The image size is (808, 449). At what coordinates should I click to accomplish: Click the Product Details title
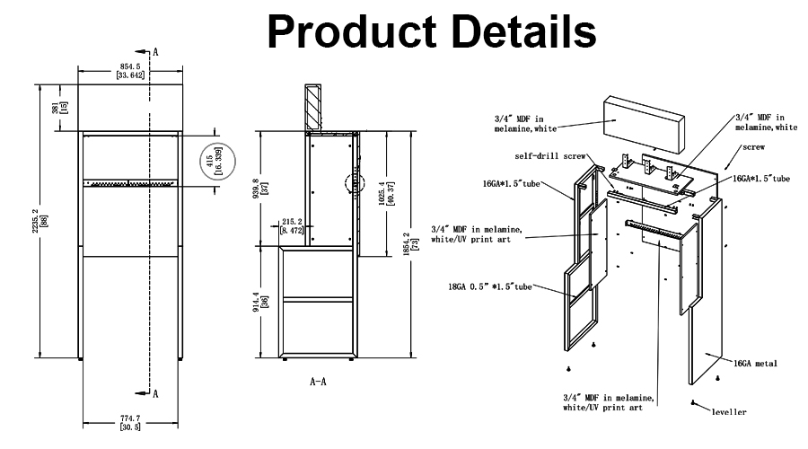pos(431,32)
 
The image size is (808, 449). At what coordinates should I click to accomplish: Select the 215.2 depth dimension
pos(293,225)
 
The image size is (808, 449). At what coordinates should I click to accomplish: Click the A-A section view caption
pos(319,382)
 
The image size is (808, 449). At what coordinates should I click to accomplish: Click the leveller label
pos(729,411)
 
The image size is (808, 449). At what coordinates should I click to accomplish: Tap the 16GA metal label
pos(754,363)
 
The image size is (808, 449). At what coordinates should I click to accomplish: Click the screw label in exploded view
pos(753,146)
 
